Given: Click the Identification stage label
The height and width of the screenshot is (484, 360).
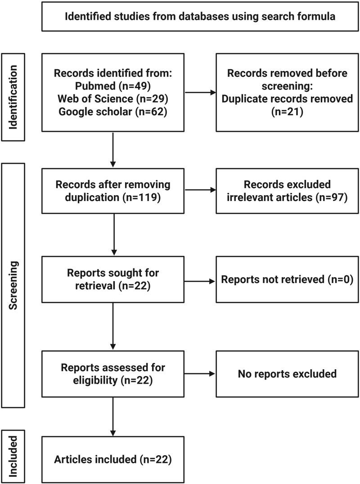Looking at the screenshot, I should coord(14,97).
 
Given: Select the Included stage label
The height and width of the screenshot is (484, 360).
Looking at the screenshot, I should coord(14,456).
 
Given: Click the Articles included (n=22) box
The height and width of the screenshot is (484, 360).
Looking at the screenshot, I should coord(112,459).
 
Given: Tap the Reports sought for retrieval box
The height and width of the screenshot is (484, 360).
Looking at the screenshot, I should coord(112,279).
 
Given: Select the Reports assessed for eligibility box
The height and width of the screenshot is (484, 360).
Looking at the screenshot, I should coord(112,373).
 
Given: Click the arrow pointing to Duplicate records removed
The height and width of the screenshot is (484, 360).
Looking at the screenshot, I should coord(200,93).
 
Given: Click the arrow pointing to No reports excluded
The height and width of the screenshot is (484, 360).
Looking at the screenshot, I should coord(200,373).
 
